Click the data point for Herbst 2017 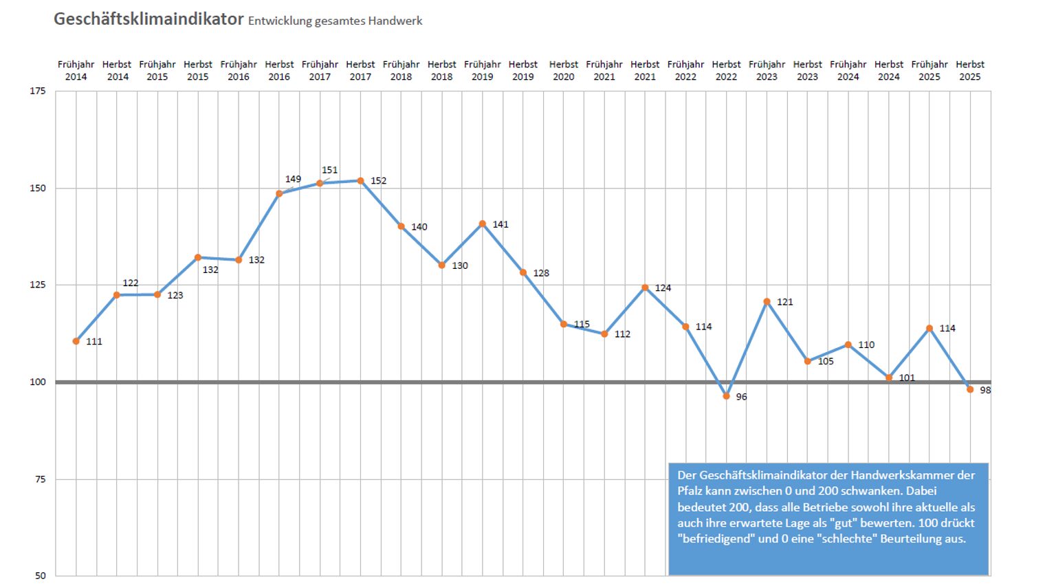click(360, 181)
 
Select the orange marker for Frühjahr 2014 click(76, 341)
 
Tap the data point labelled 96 click(726, 396)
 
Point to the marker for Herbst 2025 click(970, 389)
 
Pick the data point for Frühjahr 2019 click(483, 224)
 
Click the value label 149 click(293, 179)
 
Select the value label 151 click(330, 170)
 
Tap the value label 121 click(784, 302)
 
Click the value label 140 click(419, 227)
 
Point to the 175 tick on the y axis click(38, 91)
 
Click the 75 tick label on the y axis click(40, 479)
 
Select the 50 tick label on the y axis click(40, 576)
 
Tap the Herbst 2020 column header click(564, 70)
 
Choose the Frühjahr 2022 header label click(685, 70)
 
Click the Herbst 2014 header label click(117, 70)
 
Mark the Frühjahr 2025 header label click(929, 70)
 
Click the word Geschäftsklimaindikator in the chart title click(148, 19)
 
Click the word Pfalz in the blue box click(690, 491)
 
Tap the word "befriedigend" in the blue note click(715, 538)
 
